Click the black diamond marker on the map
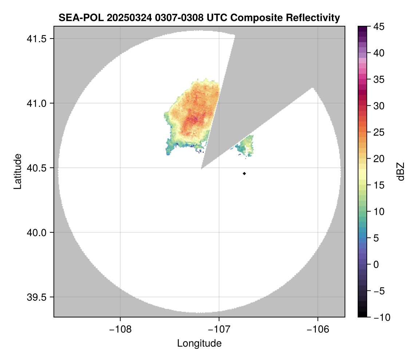244,173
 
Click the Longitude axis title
199,343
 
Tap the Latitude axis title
17,171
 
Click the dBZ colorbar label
401,171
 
